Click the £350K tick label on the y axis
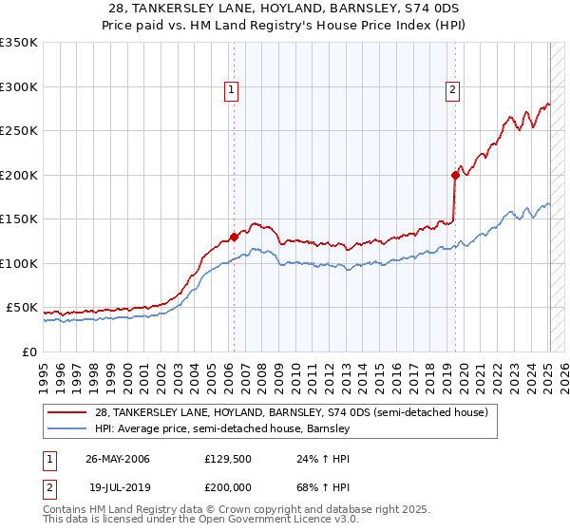click(18, 43)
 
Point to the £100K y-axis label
click(18, 263)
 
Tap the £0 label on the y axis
click(30, 351)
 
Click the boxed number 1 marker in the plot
click(232, 91)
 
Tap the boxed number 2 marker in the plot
click(452, 91)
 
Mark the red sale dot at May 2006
click(234, 237)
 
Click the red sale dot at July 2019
click(455, 175)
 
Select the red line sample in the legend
click(68, 412)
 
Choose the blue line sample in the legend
click(68, 429)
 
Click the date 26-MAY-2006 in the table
click(118, 458)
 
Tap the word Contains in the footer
click(66, 509)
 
